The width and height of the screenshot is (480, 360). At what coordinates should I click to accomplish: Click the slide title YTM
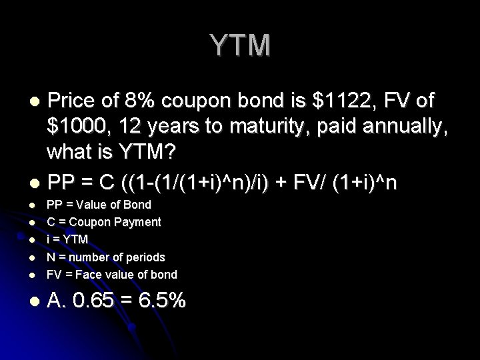(x=241, y=45)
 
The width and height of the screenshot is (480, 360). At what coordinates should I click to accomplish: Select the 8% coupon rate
(x=140, y=101)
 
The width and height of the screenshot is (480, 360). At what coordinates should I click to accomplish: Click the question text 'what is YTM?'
(x=111, y=153)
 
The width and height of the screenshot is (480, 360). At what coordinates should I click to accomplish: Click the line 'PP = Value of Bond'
(x=99, y=205)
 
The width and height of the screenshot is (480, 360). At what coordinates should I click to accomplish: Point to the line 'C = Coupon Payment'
(x=103, y=222)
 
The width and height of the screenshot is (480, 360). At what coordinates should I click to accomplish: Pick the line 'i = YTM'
(x=67, y=239)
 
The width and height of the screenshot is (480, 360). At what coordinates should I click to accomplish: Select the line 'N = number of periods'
(x=105, y=257)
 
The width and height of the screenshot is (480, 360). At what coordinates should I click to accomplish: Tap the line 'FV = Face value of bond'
(x=111, y=274)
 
